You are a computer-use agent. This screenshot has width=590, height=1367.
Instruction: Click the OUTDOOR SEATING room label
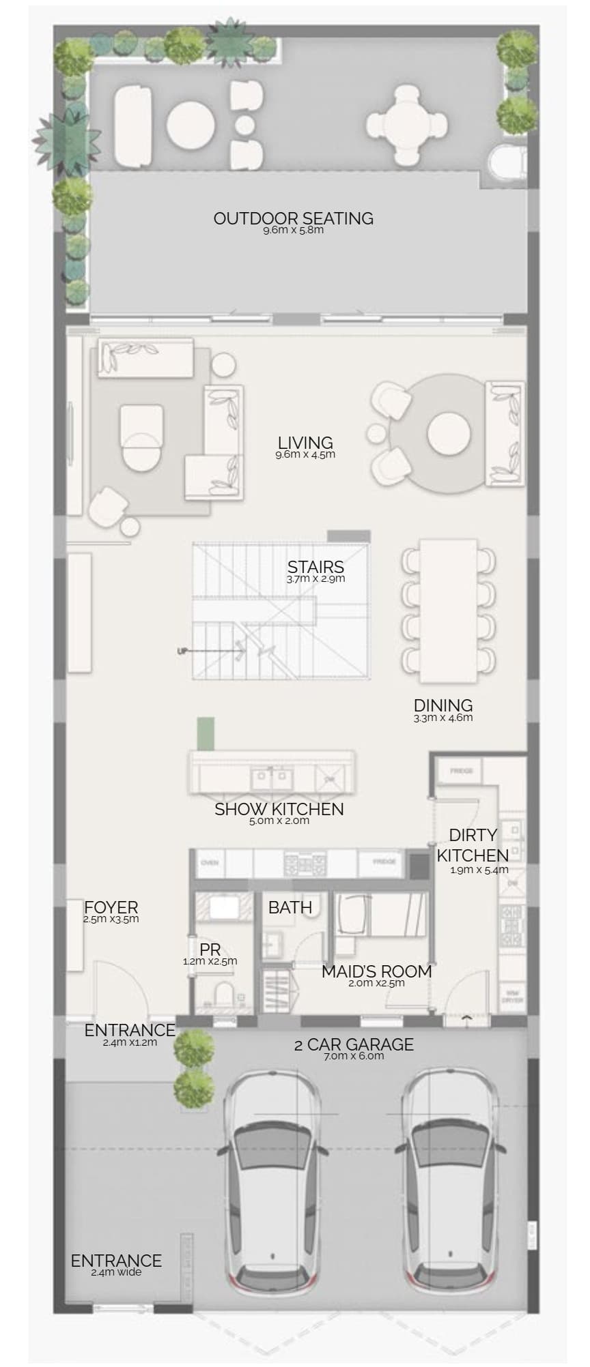(294, 218)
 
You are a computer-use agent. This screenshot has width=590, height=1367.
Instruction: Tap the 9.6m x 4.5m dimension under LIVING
(305, 454)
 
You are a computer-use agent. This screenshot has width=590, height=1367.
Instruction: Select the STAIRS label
(315, 567)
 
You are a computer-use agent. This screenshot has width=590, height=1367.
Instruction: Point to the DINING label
(443, 705)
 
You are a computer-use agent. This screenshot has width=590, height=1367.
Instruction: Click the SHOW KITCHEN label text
(279, 809)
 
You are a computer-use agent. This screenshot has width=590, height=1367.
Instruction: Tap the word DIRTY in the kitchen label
(473, 835)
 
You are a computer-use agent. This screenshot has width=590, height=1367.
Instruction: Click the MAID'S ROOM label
(376, 971)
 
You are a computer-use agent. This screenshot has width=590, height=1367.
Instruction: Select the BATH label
(290, 907)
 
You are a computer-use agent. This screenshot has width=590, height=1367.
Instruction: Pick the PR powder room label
(210, 950)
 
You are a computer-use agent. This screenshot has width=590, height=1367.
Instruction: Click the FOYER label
(111, 907)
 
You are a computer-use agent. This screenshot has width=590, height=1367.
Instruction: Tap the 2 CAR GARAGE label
(354, 1044)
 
